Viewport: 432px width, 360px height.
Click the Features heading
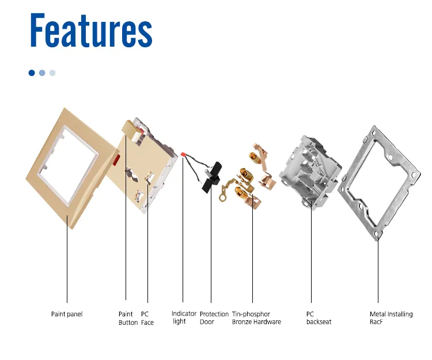[x=91, y=30]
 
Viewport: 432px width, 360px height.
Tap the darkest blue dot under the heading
[x=32, y=73]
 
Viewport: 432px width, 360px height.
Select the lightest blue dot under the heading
[x=52, y=73]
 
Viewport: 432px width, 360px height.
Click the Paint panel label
[x=67, y=314]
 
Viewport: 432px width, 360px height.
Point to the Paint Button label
[x=128, y=318]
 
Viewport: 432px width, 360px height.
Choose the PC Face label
[x=147, y=318]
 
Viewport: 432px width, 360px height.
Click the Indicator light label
[x=184, y=317]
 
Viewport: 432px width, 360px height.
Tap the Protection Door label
[x=214, y=318]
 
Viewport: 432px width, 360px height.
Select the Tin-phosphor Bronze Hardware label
[x=256, y=318]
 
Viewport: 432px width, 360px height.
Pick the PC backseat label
[x=319, y=318]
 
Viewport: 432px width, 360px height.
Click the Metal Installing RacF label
[x=391, y=318]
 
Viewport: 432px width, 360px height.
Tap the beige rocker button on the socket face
[x=131, y=130]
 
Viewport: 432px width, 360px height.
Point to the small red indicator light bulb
[x=183, y=154]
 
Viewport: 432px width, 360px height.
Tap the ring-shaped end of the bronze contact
[x=222, y=197]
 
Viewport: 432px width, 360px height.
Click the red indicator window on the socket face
[x=116, y=159]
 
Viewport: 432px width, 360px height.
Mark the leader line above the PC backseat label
[x=311, y=252]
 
